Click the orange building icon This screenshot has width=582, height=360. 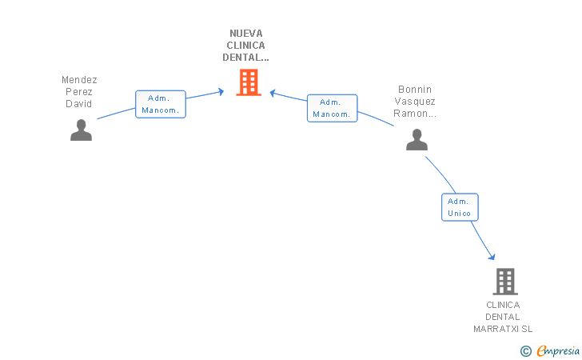(249, 82)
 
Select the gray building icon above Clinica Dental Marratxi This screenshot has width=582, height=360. (505, 282)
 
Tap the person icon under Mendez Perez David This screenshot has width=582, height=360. (81, 130)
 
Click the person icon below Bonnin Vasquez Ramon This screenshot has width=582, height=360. (417, 140)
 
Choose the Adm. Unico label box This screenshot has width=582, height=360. (460, 207)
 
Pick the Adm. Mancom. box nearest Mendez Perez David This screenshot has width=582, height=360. (161, 104)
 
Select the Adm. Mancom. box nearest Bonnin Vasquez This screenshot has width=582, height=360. (333, 108)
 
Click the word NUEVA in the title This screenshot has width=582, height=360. (245, 34)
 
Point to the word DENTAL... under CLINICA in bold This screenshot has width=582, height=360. (245, 58)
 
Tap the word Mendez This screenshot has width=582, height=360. (79, 80)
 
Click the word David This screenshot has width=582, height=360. (78, 104)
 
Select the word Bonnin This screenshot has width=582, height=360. (415, 90)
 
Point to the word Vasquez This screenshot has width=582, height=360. (415, 102)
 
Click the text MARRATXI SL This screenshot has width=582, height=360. (503, 329)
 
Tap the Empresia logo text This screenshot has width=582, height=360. (558, 350)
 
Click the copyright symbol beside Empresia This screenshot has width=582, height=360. (526, 351)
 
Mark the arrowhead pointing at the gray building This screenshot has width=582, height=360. (492, 257)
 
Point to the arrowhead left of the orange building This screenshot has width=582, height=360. (221, 91)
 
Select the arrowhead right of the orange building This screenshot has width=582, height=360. (273, 94)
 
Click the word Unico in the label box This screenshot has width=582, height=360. (459, 214)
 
